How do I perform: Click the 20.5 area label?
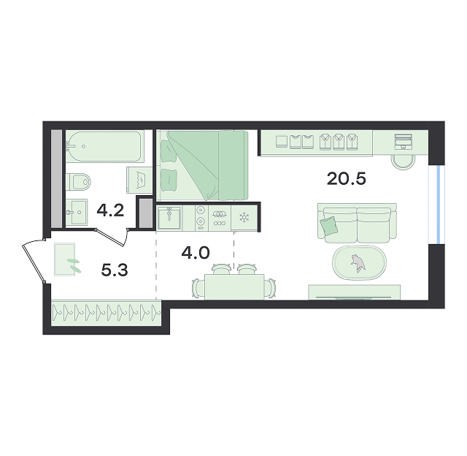pos(346,179)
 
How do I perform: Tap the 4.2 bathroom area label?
pos(110,211)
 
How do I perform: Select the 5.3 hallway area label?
pos(115,270)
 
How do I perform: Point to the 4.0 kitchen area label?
pos(196,253)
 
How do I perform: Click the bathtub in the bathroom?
pos(105,146)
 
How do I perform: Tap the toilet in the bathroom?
pos(78,182)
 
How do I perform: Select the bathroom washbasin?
pos(77,213)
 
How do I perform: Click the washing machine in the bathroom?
pos(139,180)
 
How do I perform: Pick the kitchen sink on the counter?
pos(169,218)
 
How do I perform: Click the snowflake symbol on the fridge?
pos(244,218)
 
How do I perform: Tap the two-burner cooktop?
pos(201,218)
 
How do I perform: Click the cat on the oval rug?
pos(358,263)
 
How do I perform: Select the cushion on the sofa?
pos(329,225)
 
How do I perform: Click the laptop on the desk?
pos(404,142)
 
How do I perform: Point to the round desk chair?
pos(403,162)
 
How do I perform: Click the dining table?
pos(234,286)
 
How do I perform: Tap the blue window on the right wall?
pos(438,205)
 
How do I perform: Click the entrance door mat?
pos(65,259)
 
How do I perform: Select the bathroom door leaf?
pos(110,238)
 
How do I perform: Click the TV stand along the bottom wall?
pos(354,292)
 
